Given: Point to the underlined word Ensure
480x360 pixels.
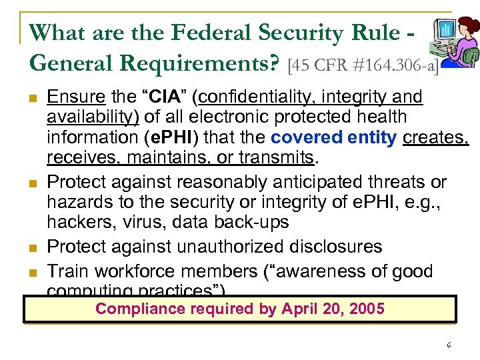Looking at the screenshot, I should (76, 97).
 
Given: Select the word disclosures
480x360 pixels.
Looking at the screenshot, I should (337, 247).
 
